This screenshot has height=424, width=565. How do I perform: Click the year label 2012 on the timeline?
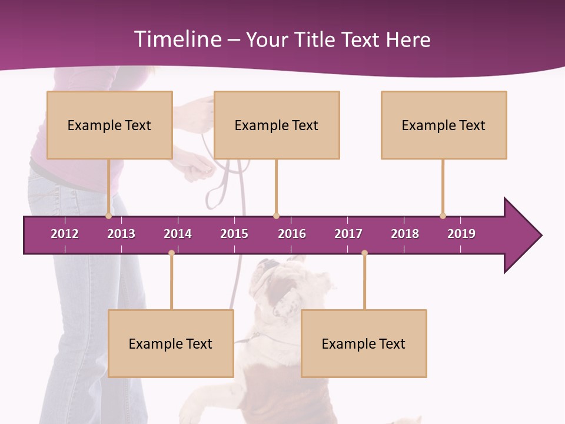[65, 234]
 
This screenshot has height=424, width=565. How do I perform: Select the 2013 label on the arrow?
[121, 234]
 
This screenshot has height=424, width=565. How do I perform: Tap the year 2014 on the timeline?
[178, 234]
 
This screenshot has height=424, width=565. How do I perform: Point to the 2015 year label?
[234, 234]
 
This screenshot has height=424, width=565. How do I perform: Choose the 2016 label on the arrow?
[292, 234]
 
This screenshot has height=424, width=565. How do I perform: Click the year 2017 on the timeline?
[348, 234]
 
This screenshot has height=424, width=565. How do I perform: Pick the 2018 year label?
[405, 234]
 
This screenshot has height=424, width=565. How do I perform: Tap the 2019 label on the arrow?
[461, 234]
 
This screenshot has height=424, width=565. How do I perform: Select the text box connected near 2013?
[109, 125]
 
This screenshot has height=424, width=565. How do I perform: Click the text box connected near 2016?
[277, 125]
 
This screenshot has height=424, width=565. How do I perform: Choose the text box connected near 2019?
[444, 125]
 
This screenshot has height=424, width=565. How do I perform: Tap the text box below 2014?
[171, 343]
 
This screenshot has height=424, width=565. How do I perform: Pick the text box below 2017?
[364, 343]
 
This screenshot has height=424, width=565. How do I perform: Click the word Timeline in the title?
[177, 39]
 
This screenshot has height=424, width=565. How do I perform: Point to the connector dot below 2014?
[171, 253]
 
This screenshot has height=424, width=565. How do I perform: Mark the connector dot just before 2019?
[443, 216]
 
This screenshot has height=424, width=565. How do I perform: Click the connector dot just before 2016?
[276, 216]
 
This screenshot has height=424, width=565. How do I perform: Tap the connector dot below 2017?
[364, 253]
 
